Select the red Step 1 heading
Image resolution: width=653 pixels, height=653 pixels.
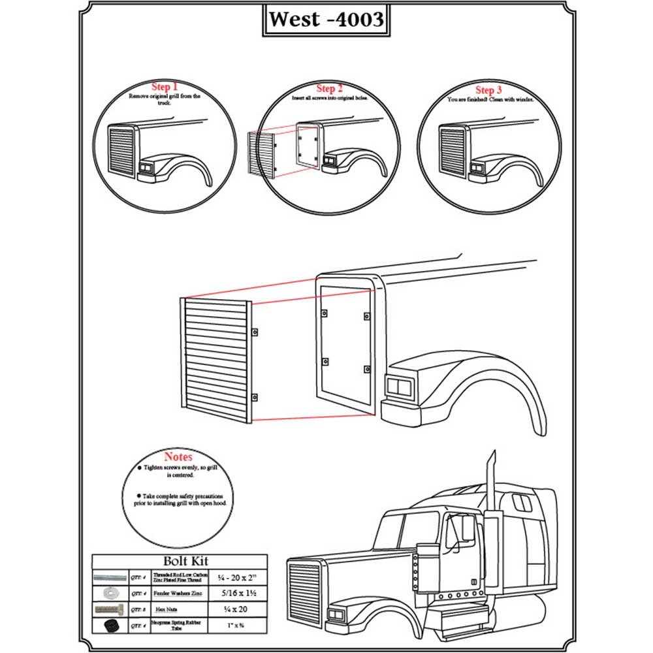pos(165,87)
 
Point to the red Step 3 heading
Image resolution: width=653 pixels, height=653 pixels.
pos(489,90)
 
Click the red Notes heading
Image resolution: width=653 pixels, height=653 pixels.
pos(178,457)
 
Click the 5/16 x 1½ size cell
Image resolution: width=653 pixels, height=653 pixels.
pos(234,594)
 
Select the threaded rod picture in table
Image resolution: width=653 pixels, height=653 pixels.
pos(109,579)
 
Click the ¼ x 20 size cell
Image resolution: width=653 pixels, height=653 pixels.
pos(234,608)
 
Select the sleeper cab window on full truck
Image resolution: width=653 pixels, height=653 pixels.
pos(522,503)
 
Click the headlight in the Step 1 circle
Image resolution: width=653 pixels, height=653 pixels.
pos(145,171)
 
